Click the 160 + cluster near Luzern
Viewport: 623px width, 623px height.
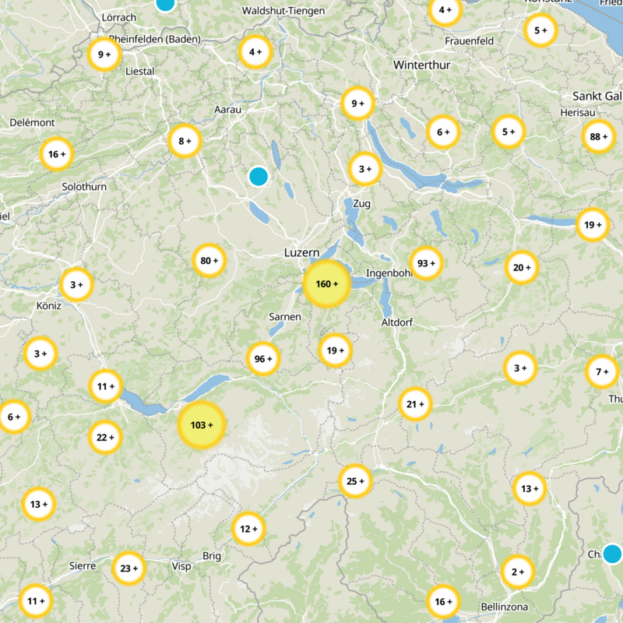pos(326,284)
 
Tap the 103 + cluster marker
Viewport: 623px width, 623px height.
pos(202,425)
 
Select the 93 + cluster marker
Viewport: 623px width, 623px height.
pos(426,262)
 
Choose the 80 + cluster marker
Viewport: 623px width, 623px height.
pos(209,261)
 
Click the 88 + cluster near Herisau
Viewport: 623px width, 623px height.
pos(598,137)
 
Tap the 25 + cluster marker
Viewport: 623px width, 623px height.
pos(355,481)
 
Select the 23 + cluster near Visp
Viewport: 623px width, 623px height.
pos(128,568)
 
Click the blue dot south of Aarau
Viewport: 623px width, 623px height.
pos(259,176)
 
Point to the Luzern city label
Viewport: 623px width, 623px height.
pos(301,253)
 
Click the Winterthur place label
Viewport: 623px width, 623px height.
pos(422,65)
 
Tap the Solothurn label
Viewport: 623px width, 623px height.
pos(84,187)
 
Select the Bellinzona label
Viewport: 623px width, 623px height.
pos(505,607)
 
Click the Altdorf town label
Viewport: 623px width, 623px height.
pos(396,322)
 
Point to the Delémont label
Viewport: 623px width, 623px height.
pos(32,123)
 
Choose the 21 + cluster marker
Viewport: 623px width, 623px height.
pos(415,404)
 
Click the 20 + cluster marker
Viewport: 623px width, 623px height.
pos(522,268)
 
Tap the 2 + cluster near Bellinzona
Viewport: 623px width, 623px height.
pos(517,572)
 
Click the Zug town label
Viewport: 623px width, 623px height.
pos(362,204)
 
